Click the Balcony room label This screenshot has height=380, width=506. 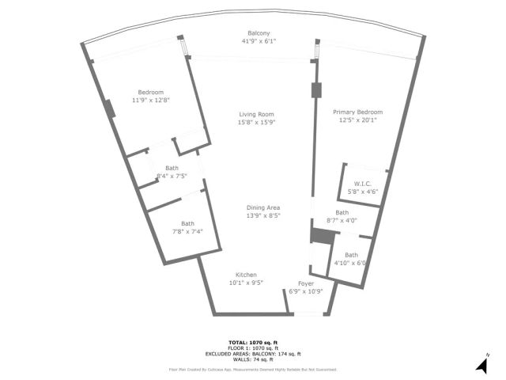(x=253, y=33)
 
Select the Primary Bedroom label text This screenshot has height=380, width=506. (x=357, y=112)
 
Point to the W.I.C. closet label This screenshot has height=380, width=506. (x=363, y=183)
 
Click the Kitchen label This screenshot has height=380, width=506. (x=246, y=275)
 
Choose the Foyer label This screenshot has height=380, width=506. (x=306, y=283)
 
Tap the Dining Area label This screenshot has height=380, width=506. (x=264, y=207)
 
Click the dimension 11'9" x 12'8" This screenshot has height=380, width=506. (x=151, y=100)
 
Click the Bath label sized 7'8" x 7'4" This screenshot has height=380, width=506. (x=187, y=223)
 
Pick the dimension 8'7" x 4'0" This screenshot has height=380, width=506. (x=342, y=220)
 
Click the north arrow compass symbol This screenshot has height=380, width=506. (x=481, y=364)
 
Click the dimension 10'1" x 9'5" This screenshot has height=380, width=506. (x=246, y=283)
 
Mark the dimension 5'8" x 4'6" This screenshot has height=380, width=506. (x=363, y=191)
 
